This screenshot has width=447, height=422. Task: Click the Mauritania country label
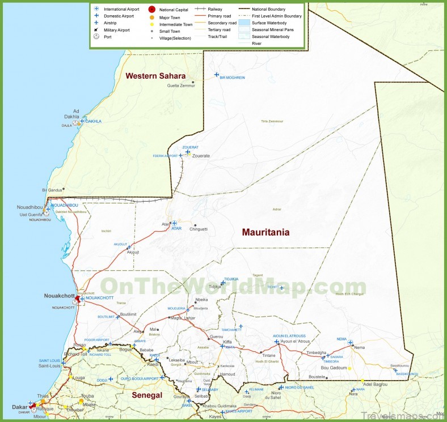click(265, 232)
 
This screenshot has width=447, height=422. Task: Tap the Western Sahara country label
click(155, 76)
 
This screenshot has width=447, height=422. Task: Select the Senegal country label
click(147, 395)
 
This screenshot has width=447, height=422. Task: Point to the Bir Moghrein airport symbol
click(216, 75)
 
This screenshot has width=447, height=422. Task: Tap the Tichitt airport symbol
click(281, 288)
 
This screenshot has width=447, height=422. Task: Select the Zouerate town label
click(201, 156)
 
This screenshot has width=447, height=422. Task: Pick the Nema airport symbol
click(351, 343)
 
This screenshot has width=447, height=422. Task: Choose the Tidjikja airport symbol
click(222, 283)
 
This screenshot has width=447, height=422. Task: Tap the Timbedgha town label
click(317, 352)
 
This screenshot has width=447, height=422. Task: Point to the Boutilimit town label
click(129, 314)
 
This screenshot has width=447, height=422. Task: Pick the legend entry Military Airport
click(117, 30)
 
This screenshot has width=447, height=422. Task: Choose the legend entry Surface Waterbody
click(271, 23)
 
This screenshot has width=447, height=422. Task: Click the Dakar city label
click(19, 407)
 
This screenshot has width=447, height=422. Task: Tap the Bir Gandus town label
click(52, 190)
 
